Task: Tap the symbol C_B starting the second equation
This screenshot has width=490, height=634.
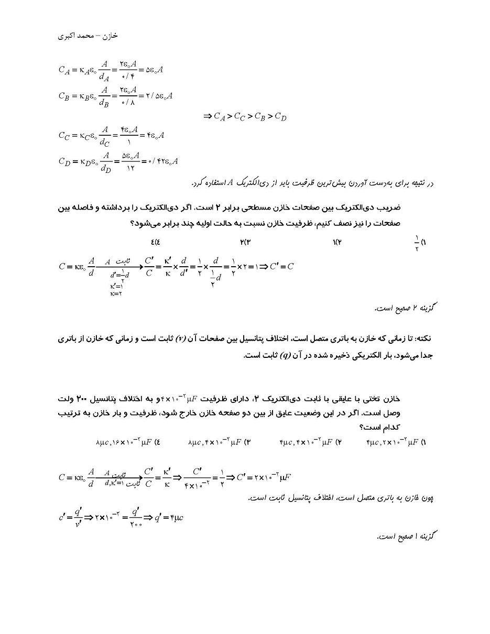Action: [64, 96]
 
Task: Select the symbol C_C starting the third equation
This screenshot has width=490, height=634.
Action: [64, 135]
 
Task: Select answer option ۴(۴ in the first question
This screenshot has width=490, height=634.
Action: [155, 242]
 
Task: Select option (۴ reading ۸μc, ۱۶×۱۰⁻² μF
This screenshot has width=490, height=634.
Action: [128, 442]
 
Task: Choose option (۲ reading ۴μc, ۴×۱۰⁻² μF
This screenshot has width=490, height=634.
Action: [310, 442]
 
